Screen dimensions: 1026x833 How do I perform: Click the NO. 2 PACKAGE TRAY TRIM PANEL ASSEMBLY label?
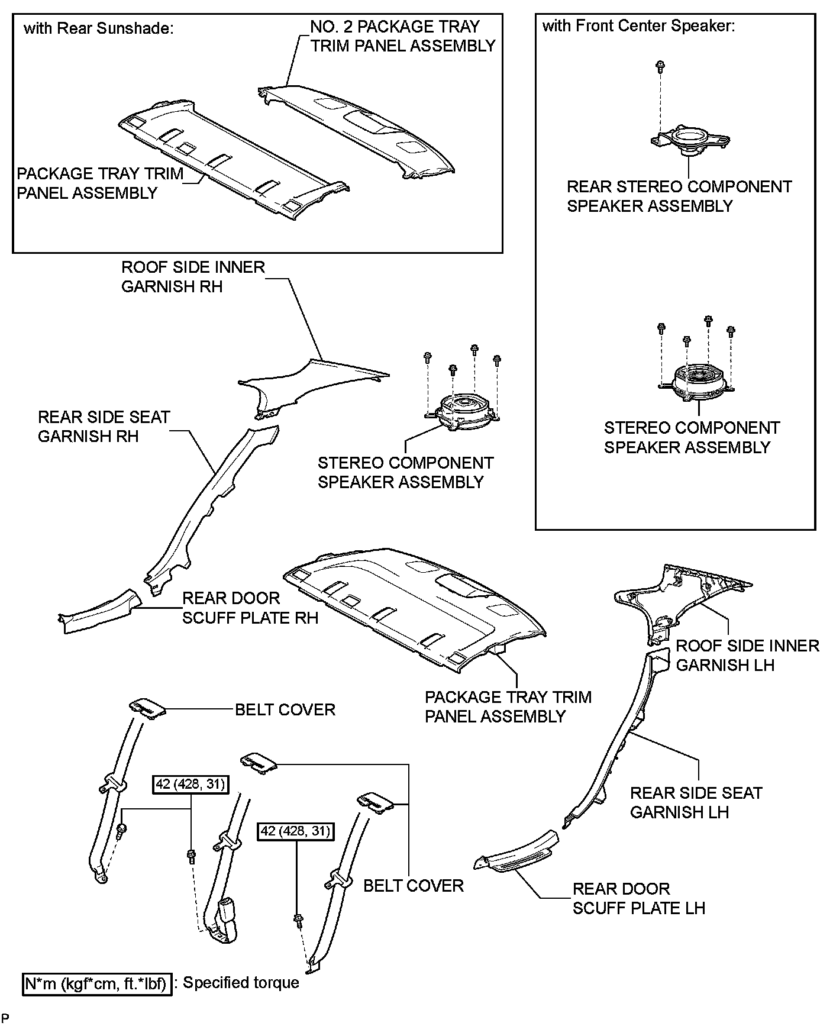click(402, 36)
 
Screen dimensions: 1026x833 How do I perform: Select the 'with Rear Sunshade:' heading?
click(98, 29)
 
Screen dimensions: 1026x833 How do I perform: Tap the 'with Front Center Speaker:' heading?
click(638, 26)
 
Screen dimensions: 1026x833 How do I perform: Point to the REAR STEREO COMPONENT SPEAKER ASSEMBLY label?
click(679, 196)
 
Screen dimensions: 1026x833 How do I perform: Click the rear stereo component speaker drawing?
click(690, 141)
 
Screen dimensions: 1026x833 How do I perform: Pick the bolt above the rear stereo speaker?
click(658, 66)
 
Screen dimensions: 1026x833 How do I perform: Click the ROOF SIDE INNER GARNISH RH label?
click(193, 276)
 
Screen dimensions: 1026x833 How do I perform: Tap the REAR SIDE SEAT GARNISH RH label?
click(104, 427)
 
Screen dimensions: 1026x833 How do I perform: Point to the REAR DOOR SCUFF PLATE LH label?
click(638, 898)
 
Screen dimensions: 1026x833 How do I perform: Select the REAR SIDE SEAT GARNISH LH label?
click(696, 802)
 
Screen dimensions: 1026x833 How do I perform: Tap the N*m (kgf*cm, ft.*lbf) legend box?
click(98, 985)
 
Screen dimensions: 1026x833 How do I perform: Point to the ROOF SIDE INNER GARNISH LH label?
click(747, 655)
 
